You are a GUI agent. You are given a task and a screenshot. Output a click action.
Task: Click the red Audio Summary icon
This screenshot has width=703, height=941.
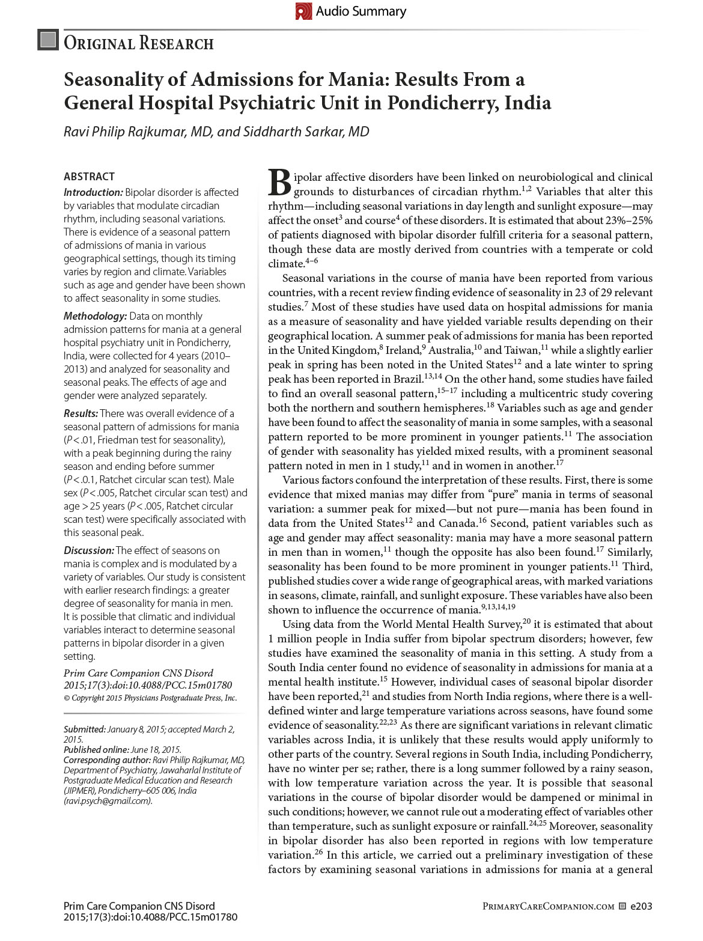pos(303,11)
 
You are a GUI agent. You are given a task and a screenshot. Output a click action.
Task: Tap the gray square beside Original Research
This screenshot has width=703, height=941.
pos(48,40)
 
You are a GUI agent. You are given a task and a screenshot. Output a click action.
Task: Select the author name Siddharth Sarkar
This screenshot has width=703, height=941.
pos(306,132)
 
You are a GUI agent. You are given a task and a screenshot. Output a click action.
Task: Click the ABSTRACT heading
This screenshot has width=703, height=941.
pos(89,176)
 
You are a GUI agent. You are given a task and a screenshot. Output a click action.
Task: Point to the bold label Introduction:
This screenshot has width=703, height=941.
pos(93,192)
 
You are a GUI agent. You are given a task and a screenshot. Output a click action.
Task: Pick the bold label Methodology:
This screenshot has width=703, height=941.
pos(95,316)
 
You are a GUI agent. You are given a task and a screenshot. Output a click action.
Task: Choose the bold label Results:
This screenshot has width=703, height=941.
pos(81,413)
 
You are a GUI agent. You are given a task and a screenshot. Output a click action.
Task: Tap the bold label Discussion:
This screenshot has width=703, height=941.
pos(88,550)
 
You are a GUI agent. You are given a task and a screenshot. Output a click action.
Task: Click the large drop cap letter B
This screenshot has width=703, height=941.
pos(279,183)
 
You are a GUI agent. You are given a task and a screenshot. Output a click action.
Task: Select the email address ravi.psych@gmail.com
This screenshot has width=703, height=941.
pos(108,800)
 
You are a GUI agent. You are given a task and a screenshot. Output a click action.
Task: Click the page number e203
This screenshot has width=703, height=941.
pos(641,906)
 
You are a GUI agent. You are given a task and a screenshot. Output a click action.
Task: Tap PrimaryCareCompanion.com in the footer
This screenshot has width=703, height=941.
pos(548,906)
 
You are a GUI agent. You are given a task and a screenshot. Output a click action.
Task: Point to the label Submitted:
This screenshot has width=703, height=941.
pos(85,729)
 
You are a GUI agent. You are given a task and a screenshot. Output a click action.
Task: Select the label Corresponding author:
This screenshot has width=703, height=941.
pos(107,760)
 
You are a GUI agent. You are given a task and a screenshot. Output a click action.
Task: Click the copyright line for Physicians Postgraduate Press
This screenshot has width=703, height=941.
pos(150,698)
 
